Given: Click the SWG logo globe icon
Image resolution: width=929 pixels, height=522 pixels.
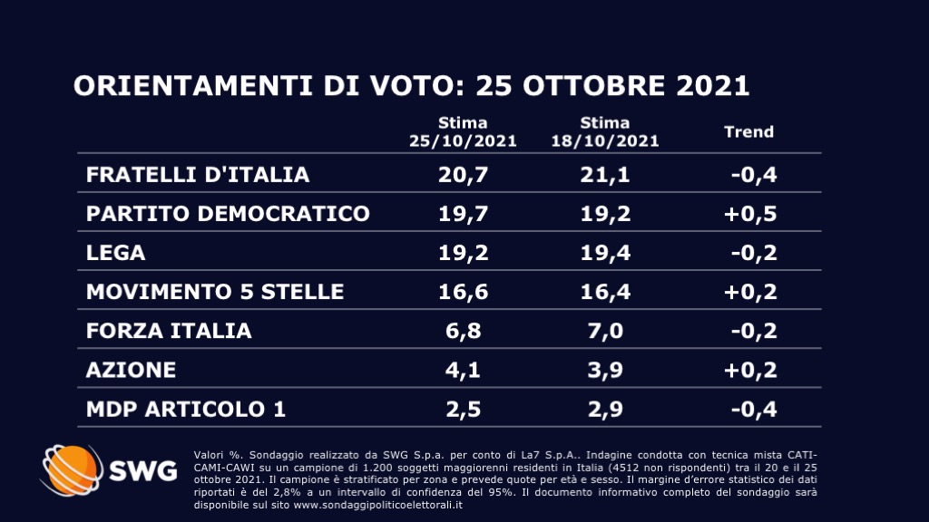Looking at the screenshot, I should pyautogui.click(x=70, y=474).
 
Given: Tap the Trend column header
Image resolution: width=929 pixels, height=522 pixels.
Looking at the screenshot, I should pyautogui.click(x=748, y=132).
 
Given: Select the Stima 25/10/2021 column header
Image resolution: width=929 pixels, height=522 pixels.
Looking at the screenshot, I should pyautogui.click(x=463, y=132).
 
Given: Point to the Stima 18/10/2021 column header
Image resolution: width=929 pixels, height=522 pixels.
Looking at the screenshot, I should pyautogui.click(x=605, y=132).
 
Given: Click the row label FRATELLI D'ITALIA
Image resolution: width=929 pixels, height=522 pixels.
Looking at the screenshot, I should pyautogui.click(x=198, y=175).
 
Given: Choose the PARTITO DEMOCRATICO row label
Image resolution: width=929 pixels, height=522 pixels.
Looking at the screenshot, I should pyautogui.click(x=228, y=214).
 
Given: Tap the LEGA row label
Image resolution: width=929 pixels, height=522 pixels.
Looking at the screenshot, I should pyautogui.click(x=115, y=254).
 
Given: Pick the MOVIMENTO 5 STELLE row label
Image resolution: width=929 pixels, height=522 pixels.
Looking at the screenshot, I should pyautogui.click(x=215, y=292).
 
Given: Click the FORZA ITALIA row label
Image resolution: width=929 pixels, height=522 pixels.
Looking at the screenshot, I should pyautogui.click(x=169, y=331).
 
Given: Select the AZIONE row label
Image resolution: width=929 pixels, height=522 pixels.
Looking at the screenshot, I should pyautogui.click(x=131, y=370).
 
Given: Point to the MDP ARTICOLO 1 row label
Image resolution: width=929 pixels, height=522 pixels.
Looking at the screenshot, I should pyautogui.click(x=186, y=409).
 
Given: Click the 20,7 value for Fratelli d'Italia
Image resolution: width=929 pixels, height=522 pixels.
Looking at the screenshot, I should pyautogui.click(x=463, y=175).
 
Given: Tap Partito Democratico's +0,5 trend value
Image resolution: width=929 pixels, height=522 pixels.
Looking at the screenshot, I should pyautogui.click(x=750, y=214).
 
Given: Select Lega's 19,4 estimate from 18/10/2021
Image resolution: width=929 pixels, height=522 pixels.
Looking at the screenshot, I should pyautogui.click(x=604, y=254).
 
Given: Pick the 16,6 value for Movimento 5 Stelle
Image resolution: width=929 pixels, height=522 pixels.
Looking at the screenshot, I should pyautogui.click(x=463, y=292).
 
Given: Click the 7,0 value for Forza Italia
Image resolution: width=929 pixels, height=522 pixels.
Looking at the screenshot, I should pyautogui.click(x=604, y=331).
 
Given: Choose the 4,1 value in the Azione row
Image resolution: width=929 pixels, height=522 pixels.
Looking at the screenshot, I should pyautogui.click(x=463, y=370).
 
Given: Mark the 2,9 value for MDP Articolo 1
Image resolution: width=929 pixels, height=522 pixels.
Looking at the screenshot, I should pyautogui.click(x=604, y=409).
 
